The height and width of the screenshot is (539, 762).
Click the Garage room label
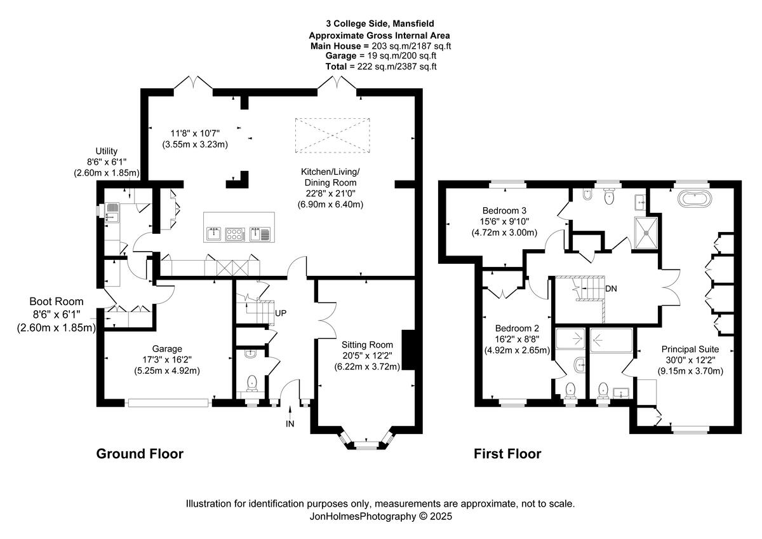pos(167,349)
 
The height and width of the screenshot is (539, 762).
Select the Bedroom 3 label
pos(505,210)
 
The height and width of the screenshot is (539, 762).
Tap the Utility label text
pos(107,151)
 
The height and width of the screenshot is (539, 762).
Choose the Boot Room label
pos(56,302)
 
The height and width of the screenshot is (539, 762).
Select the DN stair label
pos(612,288)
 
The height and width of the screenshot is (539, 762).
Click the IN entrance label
pos(290,423)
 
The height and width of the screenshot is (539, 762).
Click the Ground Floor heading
pos(140,454)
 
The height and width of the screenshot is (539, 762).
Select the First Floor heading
pos(507,454)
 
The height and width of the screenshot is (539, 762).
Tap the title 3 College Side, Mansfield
pos(380,24)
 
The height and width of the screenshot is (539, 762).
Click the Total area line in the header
pos(380,66)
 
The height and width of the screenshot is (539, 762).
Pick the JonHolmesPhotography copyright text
pos(380,517)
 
